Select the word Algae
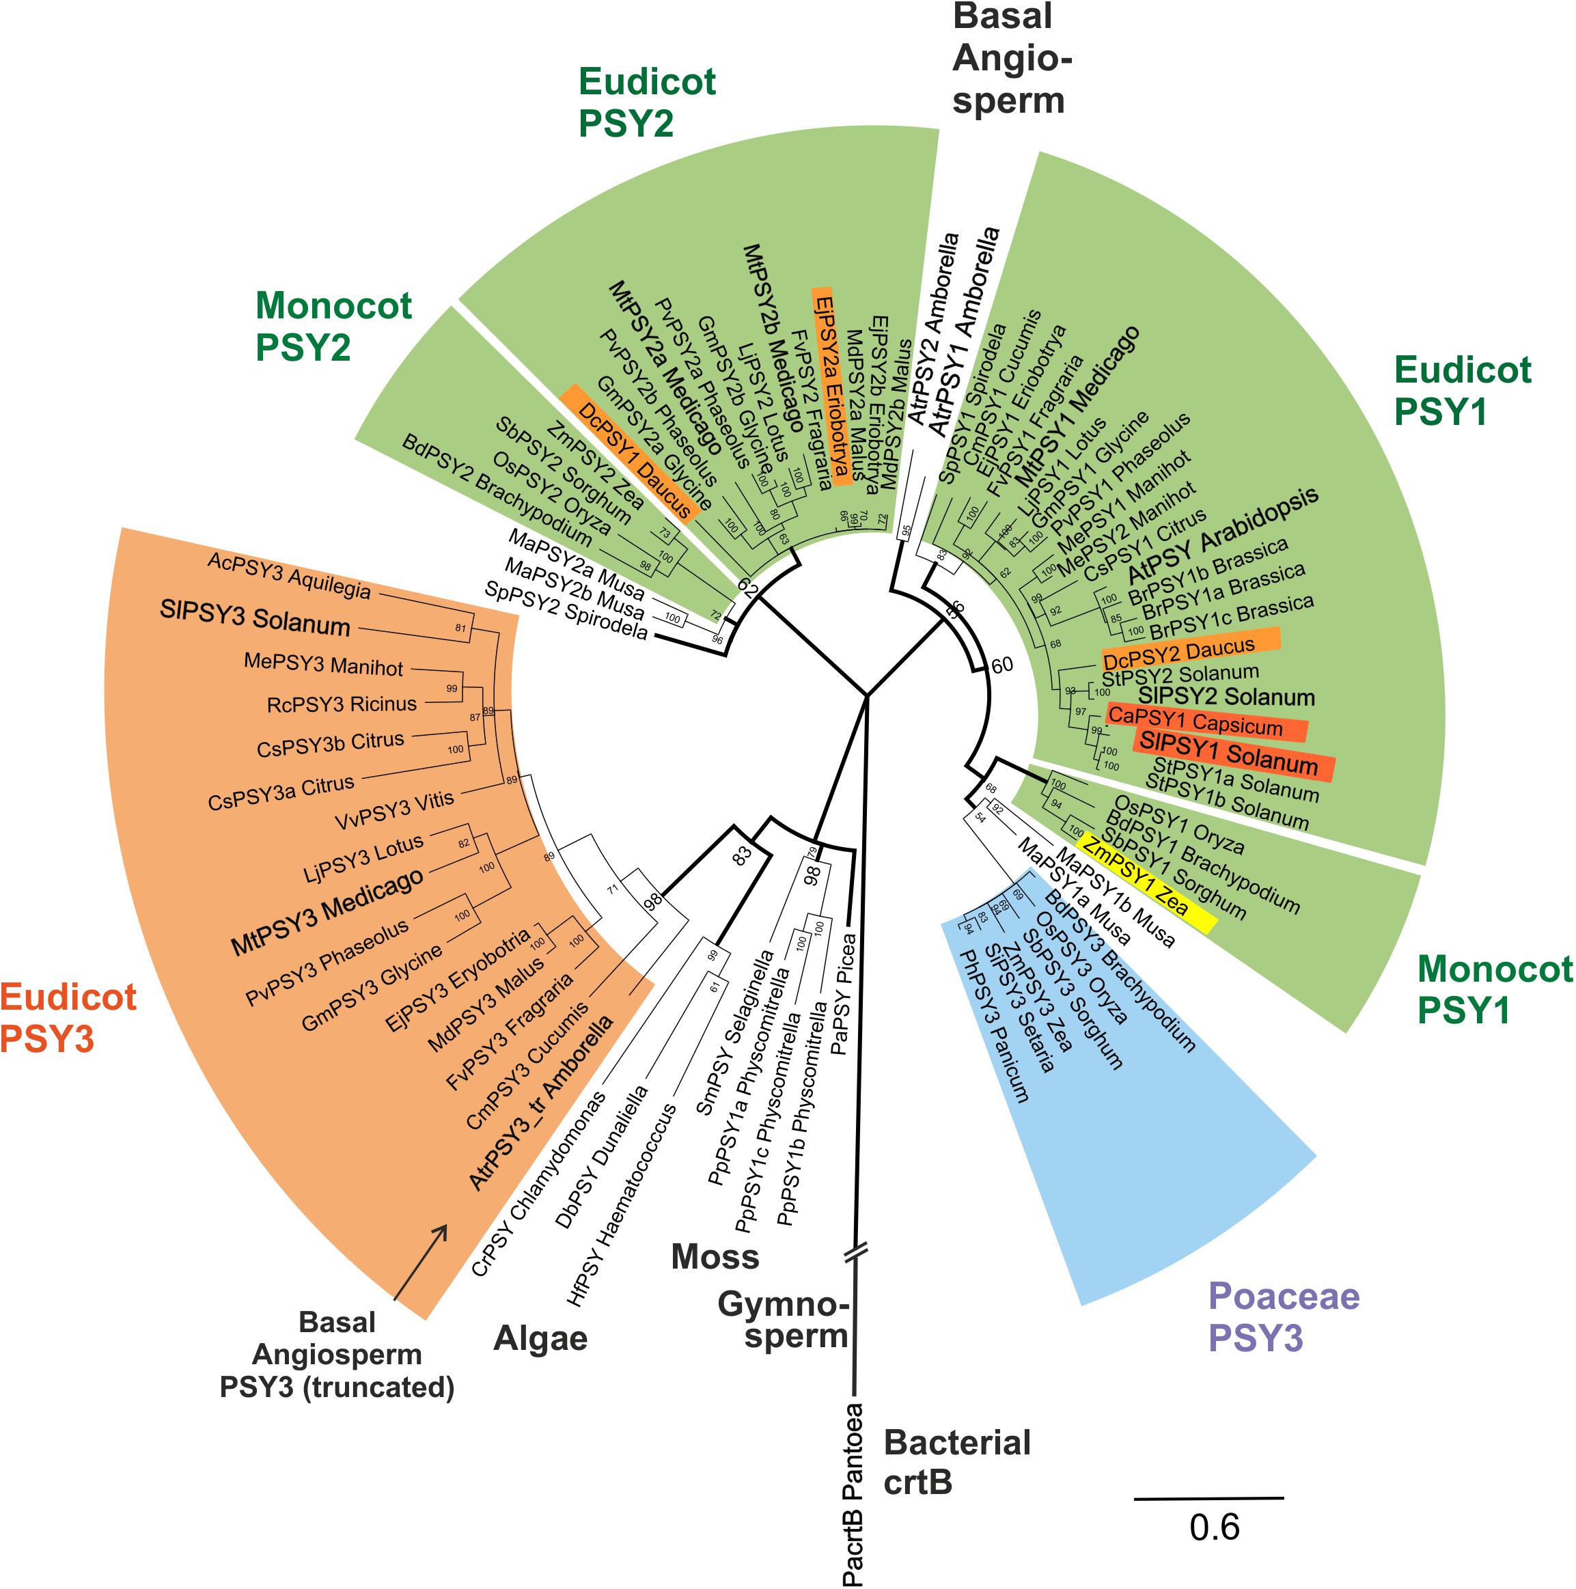(540, 1339)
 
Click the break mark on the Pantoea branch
(855, 1254)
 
